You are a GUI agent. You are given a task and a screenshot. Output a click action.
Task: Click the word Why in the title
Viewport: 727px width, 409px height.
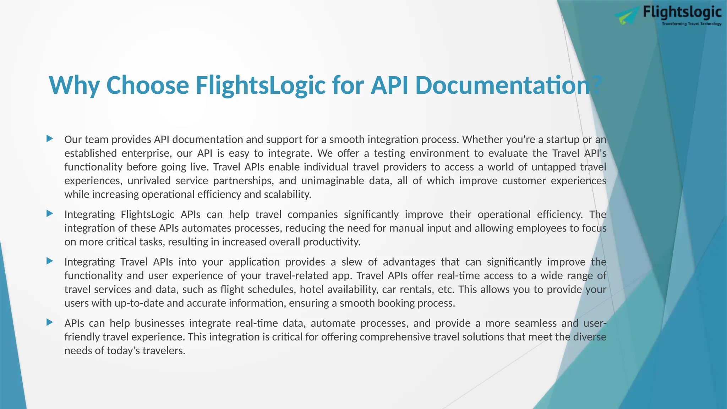74,86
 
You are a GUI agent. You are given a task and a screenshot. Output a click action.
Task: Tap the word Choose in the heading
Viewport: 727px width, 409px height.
147,86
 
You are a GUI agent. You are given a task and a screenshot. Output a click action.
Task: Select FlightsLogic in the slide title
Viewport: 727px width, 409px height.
260,86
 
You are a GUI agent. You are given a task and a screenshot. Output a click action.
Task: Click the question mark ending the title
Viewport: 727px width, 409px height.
597,86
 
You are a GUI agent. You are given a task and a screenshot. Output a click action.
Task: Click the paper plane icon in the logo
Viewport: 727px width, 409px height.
627,16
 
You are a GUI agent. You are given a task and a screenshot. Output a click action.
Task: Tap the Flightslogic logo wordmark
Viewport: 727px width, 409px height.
682,12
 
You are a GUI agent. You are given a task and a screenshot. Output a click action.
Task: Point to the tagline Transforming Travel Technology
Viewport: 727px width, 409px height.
692,24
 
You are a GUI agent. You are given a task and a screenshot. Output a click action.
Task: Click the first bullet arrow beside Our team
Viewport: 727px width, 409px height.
50,138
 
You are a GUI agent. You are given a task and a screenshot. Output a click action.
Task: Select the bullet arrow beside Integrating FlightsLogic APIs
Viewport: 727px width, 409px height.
50,213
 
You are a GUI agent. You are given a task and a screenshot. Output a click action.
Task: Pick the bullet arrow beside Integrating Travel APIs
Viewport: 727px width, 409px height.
50,261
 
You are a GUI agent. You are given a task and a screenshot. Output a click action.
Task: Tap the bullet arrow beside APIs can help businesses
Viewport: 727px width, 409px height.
50,322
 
